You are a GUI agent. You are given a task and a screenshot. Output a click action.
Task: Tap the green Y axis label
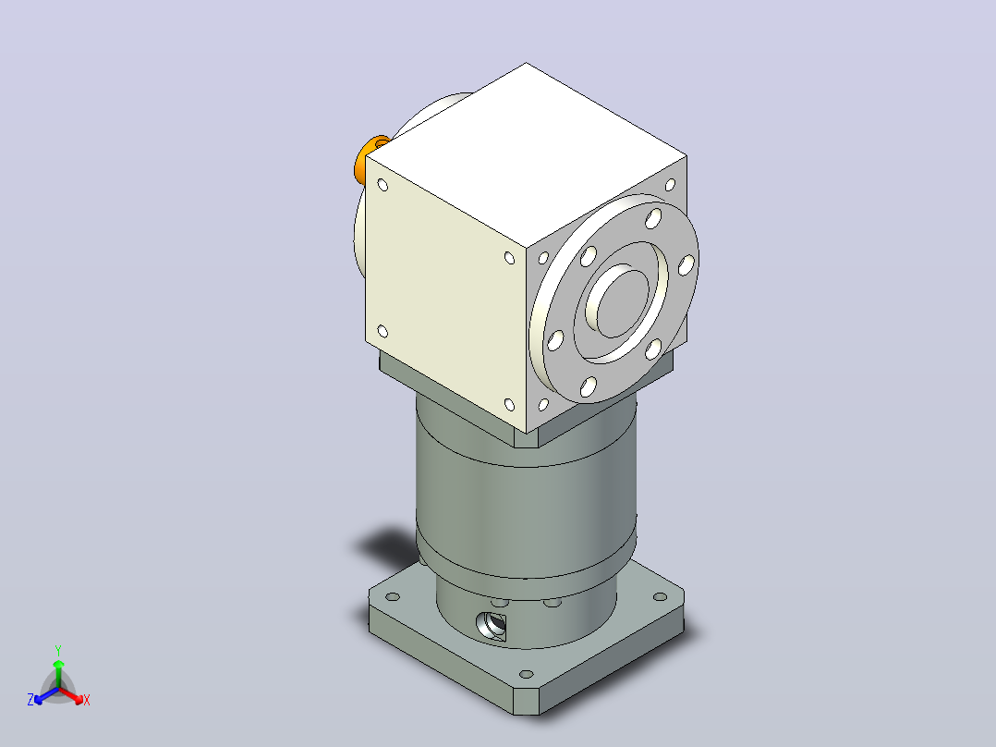point(58,651)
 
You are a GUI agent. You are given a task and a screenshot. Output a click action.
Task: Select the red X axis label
point(87,700)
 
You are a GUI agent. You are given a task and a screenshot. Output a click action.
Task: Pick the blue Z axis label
point(30,700)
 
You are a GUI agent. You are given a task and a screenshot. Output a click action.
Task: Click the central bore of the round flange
point(620,300)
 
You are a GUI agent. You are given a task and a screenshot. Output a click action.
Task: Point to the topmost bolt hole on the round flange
point(653,219)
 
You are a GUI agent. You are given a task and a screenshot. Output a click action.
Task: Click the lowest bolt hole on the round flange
point(589,386)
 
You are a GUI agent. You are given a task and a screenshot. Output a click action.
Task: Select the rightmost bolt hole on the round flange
point(686,265)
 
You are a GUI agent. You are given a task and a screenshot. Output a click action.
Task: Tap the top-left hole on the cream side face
point(383,185)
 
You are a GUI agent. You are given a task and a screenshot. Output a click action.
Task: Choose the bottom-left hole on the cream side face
point(383,331)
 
